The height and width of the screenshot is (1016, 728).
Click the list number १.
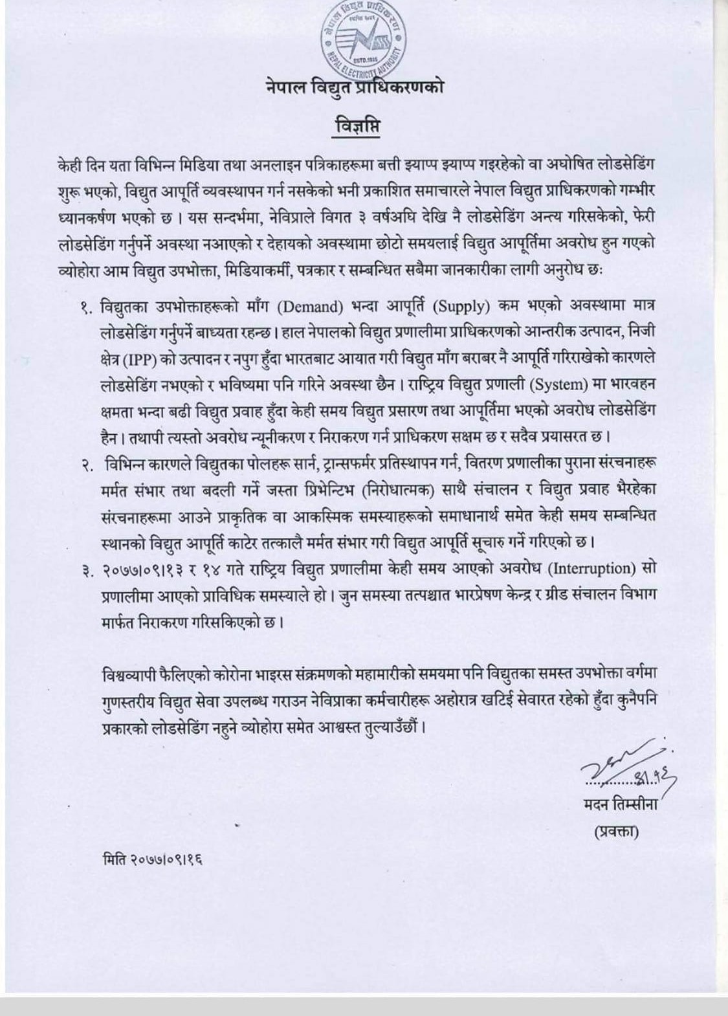[x=86, y=308]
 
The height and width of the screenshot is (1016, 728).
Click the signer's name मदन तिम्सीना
[x=619, y=806]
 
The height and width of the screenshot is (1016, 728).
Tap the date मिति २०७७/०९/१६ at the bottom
[x=153, y=861]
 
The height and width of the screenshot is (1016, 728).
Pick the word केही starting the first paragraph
[x=71, y=165]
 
